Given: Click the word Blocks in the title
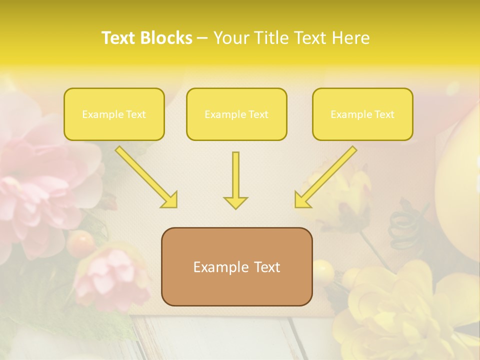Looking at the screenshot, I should point(167,38).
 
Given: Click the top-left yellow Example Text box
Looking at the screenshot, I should point(114,114).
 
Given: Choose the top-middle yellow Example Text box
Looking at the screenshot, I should point(236,114).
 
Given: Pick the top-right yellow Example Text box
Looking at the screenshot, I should point(362,114).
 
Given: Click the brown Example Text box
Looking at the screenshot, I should point(236,266).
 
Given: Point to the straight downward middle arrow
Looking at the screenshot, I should point(235,180).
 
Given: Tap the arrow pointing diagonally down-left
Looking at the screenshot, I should point(325,177).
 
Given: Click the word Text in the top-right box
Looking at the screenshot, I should point(384,114).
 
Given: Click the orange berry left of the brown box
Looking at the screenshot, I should point(80,242).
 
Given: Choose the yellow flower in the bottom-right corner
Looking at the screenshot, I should point(400,310).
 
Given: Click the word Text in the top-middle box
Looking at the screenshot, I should point(258,114).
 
